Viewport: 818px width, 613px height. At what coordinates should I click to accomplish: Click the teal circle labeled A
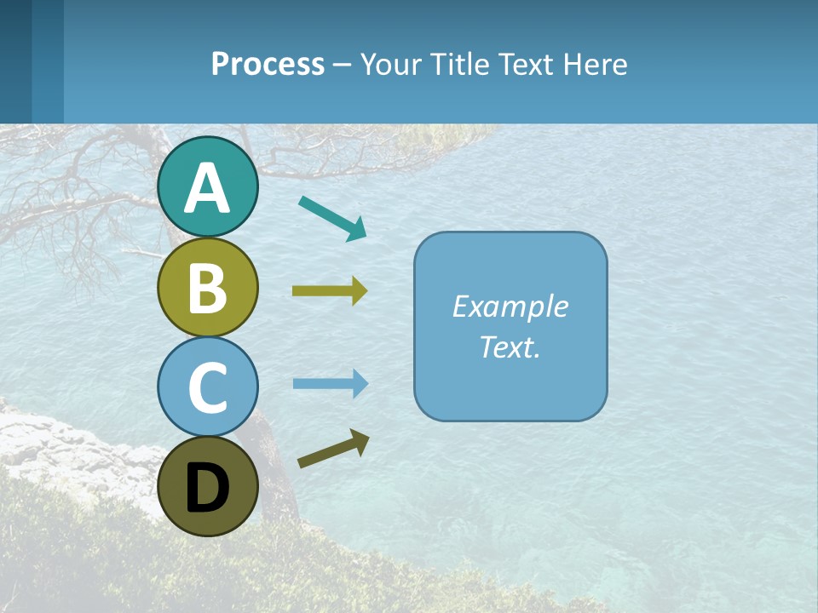point(207,187)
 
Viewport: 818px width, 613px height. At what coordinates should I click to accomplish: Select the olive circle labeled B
point(207,287)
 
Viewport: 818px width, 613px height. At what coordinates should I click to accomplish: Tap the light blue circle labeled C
point(207,387)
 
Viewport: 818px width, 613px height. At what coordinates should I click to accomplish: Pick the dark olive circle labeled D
point(207,486)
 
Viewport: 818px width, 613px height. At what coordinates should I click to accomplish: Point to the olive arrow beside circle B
point(329,291)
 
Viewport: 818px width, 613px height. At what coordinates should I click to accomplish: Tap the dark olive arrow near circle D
point(332,449)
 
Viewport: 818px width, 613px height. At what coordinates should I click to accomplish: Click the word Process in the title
point(268,64)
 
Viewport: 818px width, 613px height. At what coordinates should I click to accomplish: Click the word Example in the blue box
point(510,306)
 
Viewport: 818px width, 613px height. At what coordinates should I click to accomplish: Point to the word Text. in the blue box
point(510,347)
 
